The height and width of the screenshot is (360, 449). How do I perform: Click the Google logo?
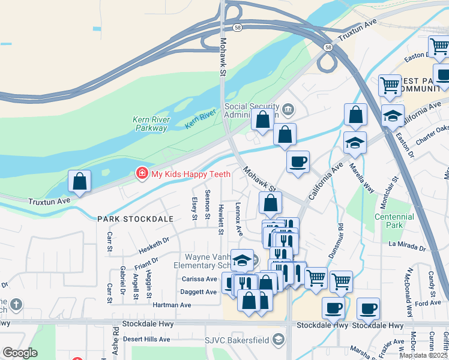[x=20, y=353]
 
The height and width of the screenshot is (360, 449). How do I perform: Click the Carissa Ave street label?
[x=199, y=279]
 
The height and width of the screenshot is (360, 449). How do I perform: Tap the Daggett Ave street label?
[x=199, y=292]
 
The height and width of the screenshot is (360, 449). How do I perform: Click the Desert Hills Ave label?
[x=146, y=338]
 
